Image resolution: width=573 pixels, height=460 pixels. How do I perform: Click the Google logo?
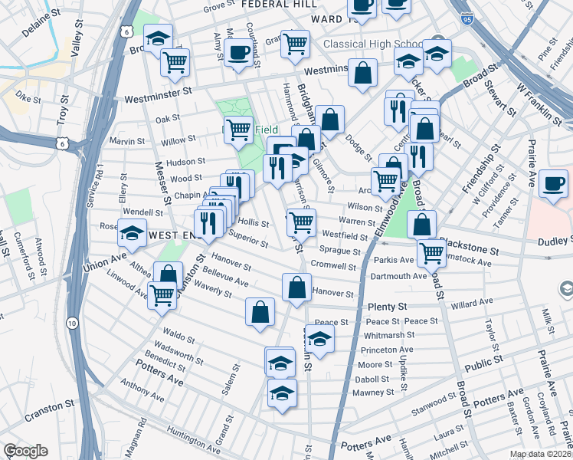pyautogui.click(x=25, y=451)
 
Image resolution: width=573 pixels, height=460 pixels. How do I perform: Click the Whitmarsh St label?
pyautogui.click(x=388, y=335)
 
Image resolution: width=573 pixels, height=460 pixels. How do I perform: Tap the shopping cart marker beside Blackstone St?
pyautogui.click(x=432, y=251)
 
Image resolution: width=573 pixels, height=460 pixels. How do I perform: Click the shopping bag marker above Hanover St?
pyautogui.click(x=296, y=288)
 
